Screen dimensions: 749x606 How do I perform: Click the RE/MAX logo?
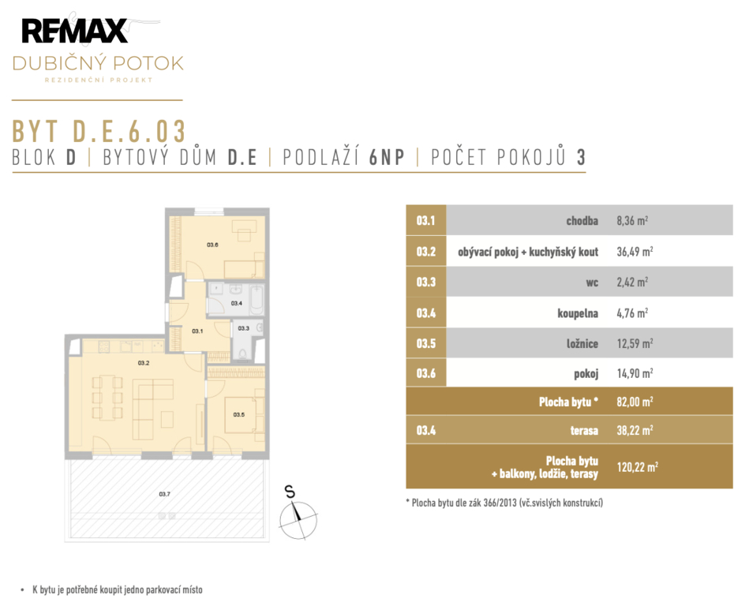click(x=74, y=31)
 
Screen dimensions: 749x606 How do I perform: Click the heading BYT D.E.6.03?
click(x=99, y=131)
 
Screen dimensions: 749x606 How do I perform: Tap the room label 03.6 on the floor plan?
click(x=212, y=245)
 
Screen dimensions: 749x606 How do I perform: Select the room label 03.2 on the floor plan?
click(x=144, y=363)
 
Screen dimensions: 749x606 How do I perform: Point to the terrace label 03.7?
click(x=164, y=494)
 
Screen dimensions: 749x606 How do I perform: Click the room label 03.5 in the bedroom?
click(x=239, y=414)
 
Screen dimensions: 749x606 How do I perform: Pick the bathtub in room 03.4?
click(x=257, y=299)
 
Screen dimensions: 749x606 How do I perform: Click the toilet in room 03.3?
click(x=242, y=353)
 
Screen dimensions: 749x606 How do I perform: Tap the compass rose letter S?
click(x=290, y=492)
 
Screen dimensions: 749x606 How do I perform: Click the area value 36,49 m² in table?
click(x=635, y=252)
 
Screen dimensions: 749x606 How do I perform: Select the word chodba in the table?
click(x=582, y=221)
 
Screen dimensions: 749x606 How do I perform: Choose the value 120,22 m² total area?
click(x=637, y=467)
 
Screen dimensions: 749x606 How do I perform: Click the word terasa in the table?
click(x=584, y=431)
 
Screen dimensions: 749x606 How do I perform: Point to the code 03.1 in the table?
click(x=425, y=221)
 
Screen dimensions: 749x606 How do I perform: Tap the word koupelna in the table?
click(x=578, y=313)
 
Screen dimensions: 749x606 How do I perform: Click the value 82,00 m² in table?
click(x=635, y=402)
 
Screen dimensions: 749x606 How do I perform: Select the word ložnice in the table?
click(x=582, y=343)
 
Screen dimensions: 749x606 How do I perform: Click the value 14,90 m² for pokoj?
click(x=635, y=373)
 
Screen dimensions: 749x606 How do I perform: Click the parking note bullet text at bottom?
click(x=118, y=589)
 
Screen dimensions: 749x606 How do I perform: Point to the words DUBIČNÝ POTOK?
click(x=98, y=63)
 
